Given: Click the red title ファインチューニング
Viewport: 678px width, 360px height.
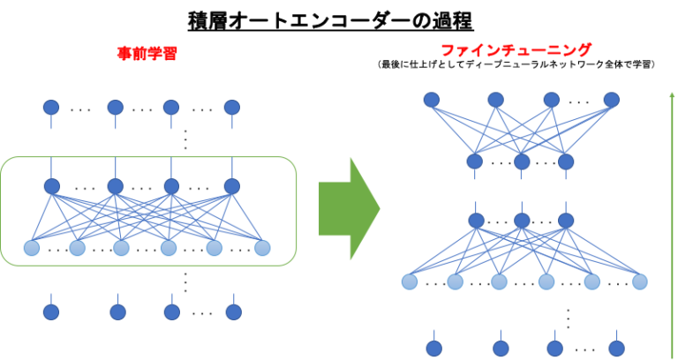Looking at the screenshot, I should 516,50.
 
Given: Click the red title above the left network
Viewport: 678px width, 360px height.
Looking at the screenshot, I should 147,53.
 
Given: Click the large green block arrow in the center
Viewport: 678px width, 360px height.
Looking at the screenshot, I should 348,208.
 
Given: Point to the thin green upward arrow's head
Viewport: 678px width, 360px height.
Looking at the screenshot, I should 672,94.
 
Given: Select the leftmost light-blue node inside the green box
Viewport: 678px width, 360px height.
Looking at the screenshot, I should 32,248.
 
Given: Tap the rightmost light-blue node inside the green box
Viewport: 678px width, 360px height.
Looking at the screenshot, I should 262,248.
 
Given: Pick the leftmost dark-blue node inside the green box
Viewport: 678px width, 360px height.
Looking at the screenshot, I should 52,186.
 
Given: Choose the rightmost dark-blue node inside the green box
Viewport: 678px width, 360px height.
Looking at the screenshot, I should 231,186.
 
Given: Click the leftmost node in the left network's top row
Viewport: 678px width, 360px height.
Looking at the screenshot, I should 51,107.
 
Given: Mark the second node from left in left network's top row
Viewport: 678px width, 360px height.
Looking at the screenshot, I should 116,107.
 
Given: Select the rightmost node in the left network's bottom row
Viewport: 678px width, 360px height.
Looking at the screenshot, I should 233,311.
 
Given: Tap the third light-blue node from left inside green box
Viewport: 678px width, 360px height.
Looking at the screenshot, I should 121,248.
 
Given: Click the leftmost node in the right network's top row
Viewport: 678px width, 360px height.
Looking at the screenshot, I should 431,100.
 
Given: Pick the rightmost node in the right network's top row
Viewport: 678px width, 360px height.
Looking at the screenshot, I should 611,100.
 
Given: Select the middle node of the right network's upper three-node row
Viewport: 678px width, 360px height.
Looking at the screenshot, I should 522,161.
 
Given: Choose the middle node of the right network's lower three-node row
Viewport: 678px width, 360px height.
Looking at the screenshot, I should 522,220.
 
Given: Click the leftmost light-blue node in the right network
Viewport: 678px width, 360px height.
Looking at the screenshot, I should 410,281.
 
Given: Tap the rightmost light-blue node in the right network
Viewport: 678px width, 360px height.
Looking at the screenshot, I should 639,281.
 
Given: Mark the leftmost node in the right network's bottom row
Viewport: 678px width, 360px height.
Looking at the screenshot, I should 433,348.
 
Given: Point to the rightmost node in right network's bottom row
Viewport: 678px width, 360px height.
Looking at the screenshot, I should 616,348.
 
